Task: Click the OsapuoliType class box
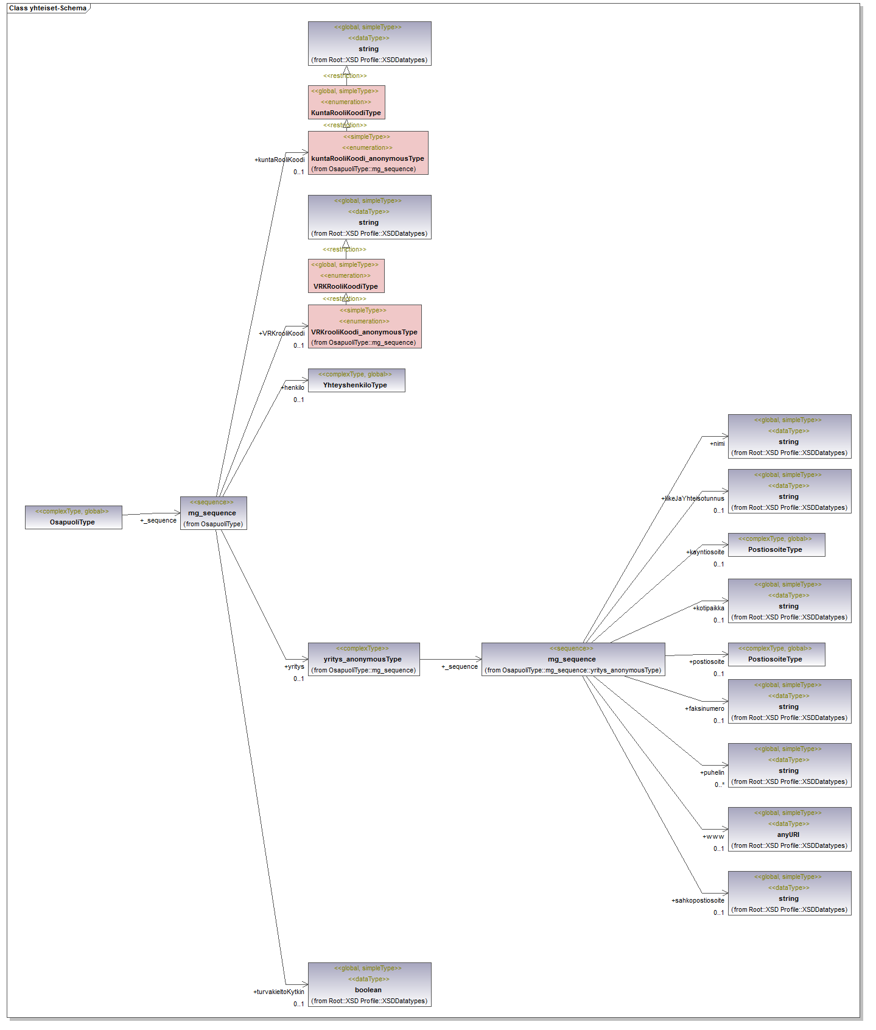coord(73,517)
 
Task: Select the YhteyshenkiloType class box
coord(356,380)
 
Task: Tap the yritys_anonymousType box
coord(363,659)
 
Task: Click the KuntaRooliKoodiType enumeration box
coord(346,102)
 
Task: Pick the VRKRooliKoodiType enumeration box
coord(346,275)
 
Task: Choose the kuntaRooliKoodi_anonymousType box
coord(368,153)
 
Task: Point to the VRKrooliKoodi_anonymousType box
coord(364,326)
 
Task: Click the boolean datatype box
coord(369,984)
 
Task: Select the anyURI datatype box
coord(789,829)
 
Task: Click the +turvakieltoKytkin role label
coord(278,992)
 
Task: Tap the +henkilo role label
coord(293,387)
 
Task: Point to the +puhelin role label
coord(712,772)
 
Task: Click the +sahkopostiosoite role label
coord(698,900)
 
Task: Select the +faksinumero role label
coord(704,708)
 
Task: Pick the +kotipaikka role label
coord(708,608)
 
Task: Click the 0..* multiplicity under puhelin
coord(719,785)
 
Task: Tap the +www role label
coord(713,836)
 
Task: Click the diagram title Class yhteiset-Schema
coord(47,8)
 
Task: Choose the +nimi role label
coord(717,443)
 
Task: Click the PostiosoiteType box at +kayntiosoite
coord(776,545)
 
